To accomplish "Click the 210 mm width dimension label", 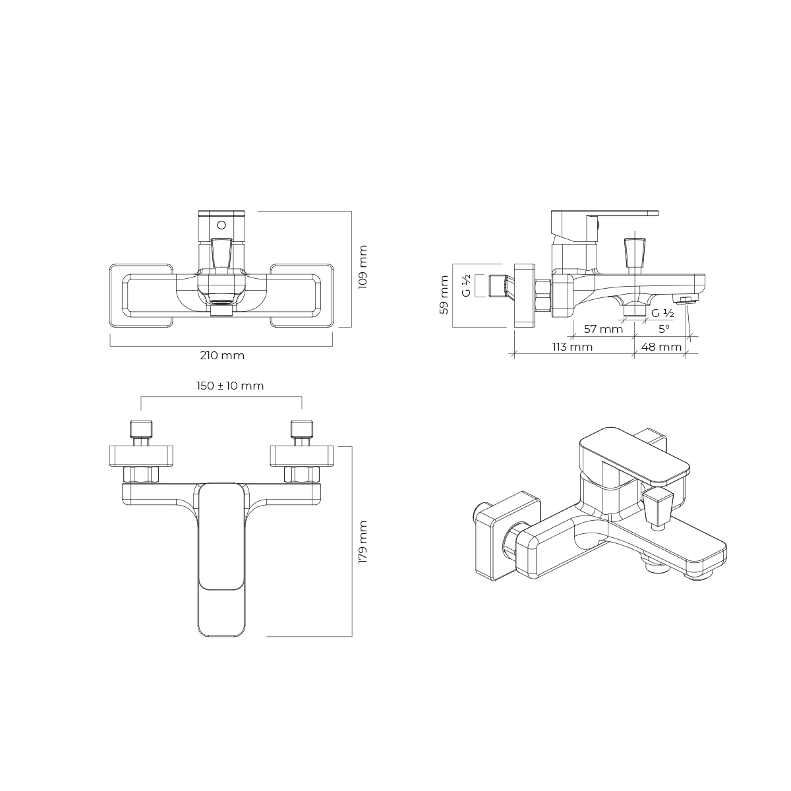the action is [222, 355].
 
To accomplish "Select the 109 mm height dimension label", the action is [363, 267].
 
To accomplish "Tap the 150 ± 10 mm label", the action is [230, 386].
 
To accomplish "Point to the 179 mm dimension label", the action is [363, 542].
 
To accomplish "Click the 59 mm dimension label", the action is [444, 295].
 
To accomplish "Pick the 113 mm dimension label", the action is [572, 347].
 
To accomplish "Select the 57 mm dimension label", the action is [603, 329].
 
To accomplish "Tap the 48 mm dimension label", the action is [661, 347].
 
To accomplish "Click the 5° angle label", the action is [664, 329].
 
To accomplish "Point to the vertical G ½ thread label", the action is [466, 285].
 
